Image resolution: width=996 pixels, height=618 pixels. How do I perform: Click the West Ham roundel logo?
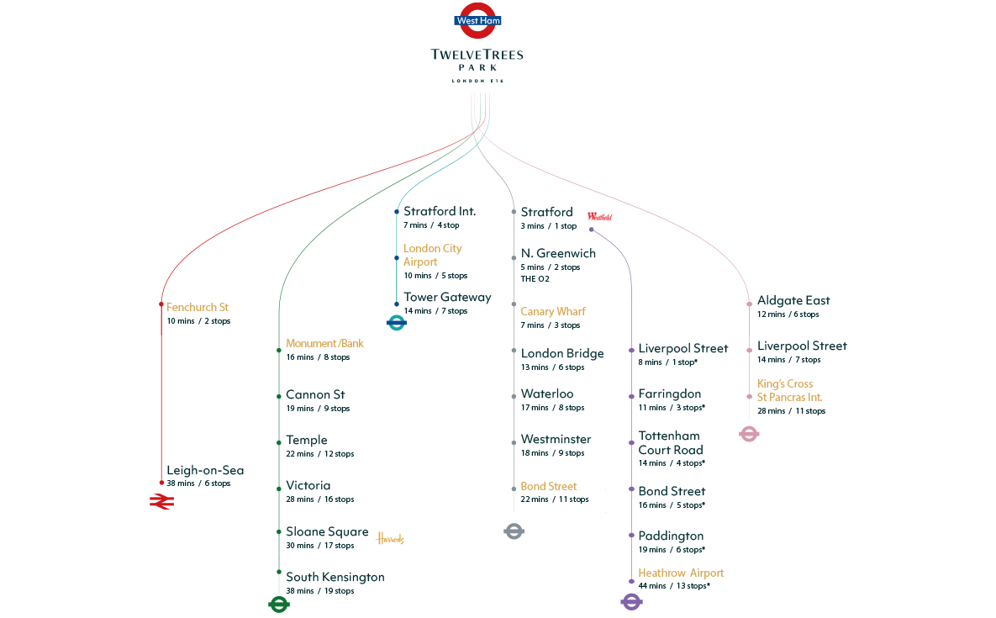pos(477,21)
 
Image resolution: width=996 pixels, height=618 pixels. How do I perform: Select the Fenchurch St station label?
pos(198,308)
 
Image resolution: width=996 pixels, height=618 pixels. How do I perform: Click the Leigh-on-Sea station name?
pos(205,471)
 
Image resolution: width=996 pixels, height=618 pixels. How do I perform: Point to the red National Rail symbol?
pos(161,502)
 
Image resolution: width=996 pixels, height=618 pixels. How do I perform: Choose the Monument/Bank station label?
pos(324,344)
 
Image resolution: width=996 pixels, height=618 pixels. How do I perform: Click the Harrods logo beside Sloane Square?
pos(390,539)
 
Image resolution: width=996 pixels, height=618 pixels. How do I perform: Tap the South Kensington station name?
pos(335,578)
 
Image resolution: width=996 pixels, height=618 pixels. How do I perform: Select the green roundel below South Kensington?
pos(278,604)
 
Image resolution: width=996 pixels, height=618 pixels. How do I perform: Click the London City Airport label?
pos(432,255)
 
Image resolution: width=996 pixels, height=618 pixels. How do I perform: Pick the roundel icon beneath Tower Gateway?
pos(396,322)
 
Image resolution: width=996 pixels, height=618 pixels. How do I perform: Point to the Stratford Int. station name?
pos(440,211)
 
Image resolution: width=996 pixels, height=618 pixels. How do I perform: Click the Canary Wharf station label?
pos(553,312)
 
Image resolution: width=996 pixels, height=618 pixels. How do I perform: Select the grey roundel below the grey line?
pos(514,531)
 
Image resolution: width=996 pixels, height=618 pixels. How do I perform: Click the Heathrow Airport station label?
pos(681,573)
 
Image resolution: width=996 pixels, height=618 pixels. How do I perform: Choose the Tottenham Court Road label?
pos(670,443)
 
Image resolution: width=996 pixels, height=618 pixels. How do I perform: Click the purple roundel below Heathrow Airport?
pos(631,601)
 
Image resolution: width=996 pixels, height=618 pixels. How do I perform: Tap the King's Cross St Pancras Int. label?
pos(789,390)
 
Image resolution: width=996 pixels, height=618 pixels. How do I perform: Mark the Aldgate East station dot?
pos(749,304)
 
